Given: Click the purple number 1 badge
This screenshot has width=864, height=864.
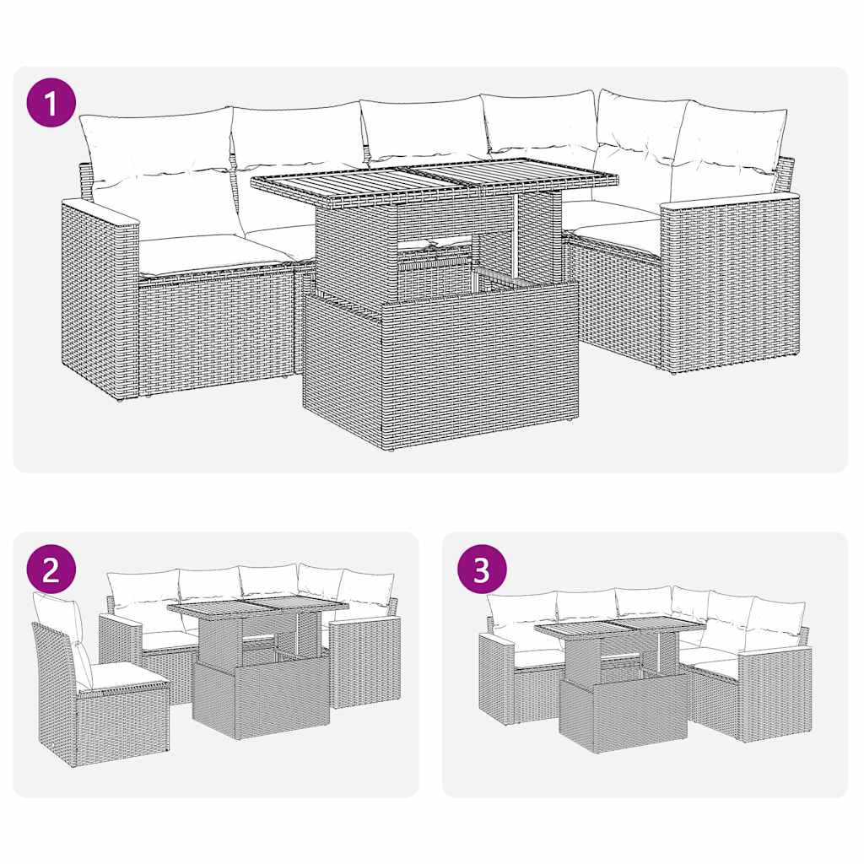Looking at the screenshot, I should point(52,104).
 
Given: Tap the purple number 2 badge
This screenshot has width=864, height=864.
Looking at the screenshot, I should point(51,570).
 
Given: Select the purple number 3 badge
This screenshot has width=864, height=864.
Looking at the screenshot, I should point(482,570).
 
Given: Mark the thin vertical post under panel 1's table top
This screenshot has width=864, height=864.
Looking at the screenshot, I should point(515,240).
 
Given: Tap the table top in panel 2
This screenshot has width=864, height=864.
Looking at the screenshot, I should point(257,607).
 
